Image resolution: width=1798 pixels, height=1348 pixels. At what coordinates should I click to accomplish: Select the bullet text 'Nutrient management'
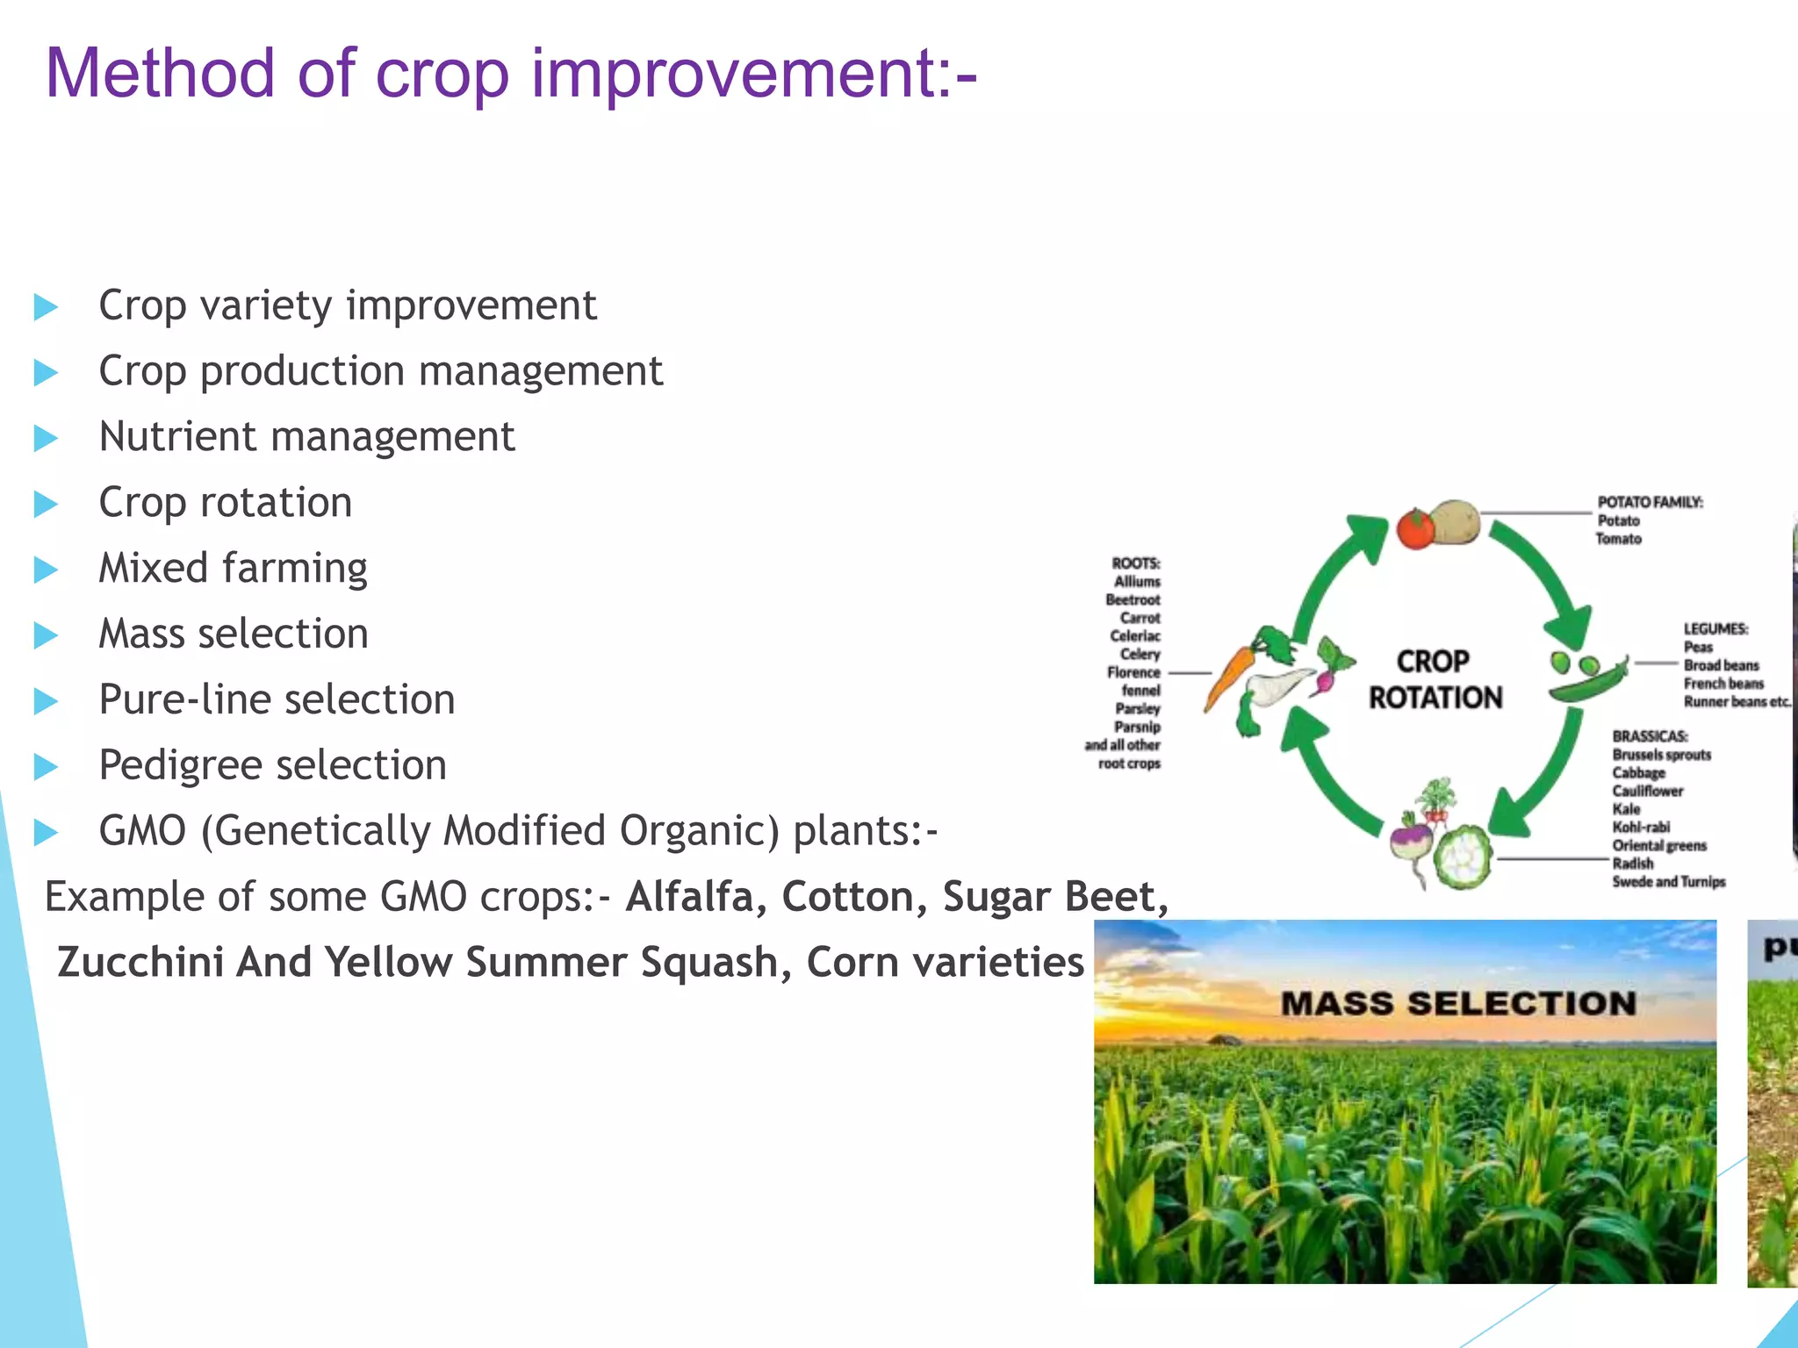pos(306,437)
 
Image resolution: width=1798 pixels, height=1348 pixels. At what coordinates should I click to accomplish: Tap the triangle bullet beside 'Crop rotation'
pos(46,504)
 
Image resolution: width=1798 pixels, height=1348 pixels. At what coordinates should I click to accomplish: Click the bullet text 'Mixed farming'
pos(233,569)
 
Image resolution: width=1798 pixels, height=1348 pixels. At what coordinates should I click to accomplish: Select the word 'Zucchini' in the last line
pos(140,963)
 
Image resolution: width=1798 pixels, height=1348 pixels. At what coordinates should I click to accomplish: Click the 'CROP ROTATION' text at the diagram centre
pos(1435,679)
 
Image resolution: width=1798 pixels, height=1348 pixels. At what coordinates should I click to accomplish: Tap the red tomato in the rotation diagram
pos(1414,528)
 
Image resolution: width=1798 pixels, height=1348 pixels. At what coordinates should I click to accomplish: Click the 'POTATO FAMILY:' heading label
pos(1650,502)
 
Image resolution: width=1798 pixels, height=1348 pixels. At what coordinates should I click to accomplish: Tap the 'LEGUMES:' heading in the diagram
pos(1715,628)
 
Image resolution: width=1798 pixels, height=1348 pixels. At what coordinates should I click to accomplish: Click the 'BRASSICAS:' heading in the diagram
pos(1650,736)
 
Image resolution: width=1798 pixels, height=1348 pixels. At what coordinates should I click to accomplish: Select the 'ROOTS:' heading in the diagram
pos(1136,563)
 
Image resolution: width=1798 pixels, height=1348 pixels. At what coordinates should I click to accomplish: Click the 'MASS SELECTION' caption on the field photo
pos(1458,1003)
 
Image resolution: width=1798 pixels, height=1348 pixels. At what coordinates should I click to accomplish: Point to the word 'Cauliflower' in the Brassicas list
pos(1647,791)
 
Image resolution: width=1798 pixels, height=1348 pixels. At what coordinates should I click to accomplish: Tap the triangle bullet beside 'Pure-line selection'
pos(46,701)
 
